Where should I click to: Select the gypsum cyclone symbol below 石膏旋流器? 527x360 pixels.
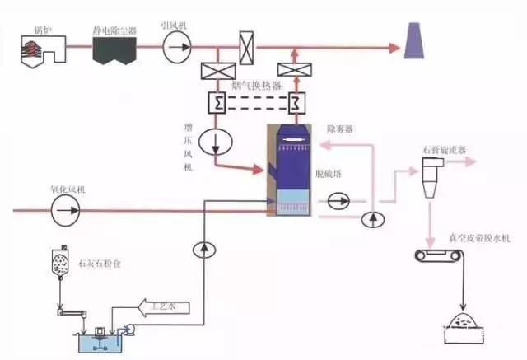(x=430, y=177)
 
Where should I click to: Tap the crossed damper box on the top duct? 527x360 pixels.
(x=245, y=44)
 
